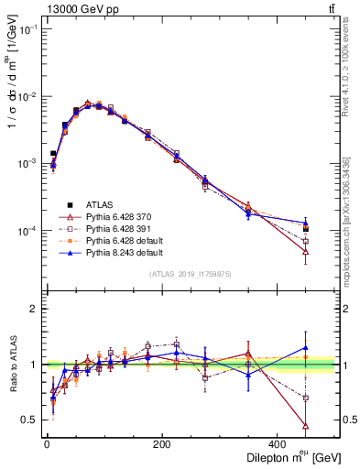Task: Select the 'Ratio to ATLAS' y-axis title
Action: tap(12, 364)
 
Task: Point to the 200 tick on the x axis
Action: tap(161, 443)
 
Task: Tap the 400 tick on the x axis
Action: tap(277, 443)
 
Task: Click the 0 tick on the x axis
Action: tap(47, 443)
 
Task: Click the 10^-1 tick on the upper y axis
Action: tap(27, 29)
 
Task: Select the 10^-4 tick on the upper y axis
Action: tap(27, 231)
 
